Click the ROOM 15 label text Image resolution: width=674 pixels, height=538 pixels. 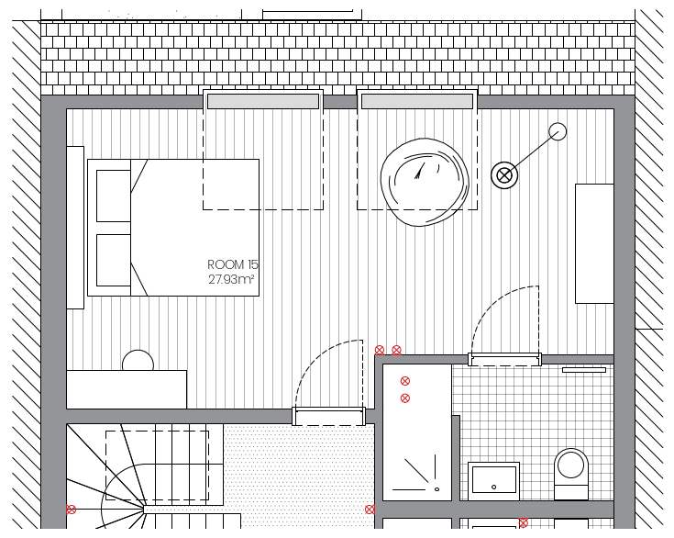coord(233,264)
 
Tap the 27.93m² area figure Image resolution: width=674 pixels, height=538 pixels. coord(231,280)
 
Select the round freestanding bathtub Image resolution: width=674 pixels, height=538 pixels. coord(425,182)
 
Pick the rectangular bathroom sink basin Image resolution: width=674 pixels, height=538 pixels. coord(494,480)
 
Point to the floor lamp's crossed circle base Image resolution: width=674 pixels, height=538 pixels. coord(504,175)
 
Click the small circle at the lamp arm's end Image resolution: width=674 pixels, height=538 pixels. coord(558,131)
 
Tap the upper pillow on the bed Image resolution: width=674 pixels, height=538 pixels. coord(114,196)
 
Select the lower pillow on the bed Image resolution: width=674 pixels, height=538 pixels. coord(114,260)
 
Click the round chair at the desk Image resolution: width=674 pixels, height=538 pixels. coord(138,361)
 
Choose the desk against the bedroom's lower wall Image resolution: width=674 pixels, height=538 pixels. coord(127,389)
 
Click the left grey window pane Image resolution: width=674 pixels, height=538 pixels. coord(263,102)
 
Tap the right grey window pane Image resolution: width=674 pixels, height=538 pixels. coord(417,102)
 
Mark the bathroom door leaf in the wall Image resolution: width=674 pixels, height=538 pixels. coord(504,359)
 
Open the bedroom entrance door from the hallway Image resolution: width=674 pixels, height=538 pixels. coord(329,416)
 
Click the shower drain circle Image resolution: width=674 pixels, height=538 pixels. coord(437,489)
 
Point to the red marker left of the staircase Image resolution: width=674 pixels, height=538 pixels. coord(71,510)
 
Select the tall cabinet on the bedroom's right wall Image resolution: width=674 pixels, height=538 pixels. coord(594,243)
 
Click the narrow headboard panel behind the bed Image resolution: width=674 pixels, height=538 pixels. coord(75,228)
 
